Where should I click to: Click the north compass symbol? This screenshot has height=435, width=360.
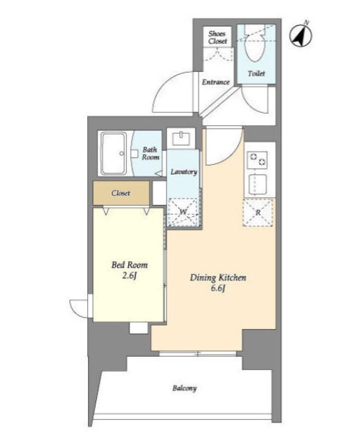point(300,35)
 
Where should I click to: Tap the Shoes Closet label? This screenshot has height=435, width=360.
point(217,37)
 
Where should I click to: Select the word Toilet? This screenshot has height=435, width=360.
point(256,73)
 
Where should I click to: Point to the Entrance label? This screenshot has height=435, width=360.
point(215,82)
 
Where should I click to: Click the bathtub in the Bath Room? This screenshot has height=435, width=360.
point(114,153)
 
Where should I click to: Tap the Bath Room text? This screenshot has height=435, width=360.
point(151,153)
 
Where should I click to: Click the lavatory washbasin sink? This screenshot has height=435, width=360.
point(181,139)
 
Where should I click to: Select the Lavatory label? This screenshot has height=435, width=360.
point(183,172)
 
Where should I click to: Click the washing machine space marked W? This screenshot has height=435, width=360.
point(183,212)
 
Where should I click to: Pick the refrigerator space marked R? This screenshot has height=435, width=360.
point(258,213)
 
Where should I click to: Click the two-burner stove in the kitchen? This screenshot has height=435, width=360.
point(258,160)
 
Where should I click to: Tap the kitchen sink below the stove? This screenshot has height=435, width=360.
point(258,184)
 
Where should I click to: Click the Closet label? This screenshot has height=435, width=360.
point(120,193)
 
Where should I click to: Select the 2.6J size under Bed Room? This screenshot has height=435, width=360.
point(129,276)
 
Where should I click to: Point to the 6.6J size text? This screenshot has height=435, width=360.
point(217,289)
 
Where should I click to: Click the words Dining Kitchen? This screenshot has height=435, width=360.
point(218,278)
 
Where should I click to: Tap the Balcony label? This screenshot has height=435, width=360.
point(184,388)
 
